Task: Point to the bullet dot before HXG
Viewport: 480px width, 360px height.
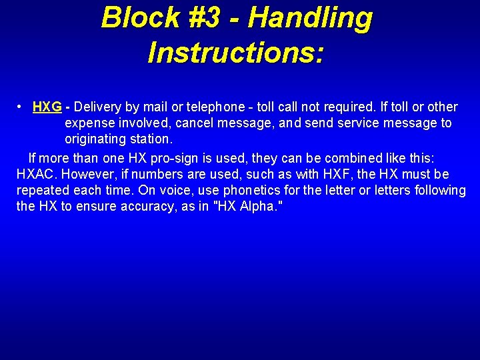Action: (21, 107)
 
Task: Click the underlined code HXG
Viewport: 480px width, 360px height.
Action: (47, 107)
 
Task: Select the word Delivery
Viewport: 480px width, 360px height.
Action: (99, 107)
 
